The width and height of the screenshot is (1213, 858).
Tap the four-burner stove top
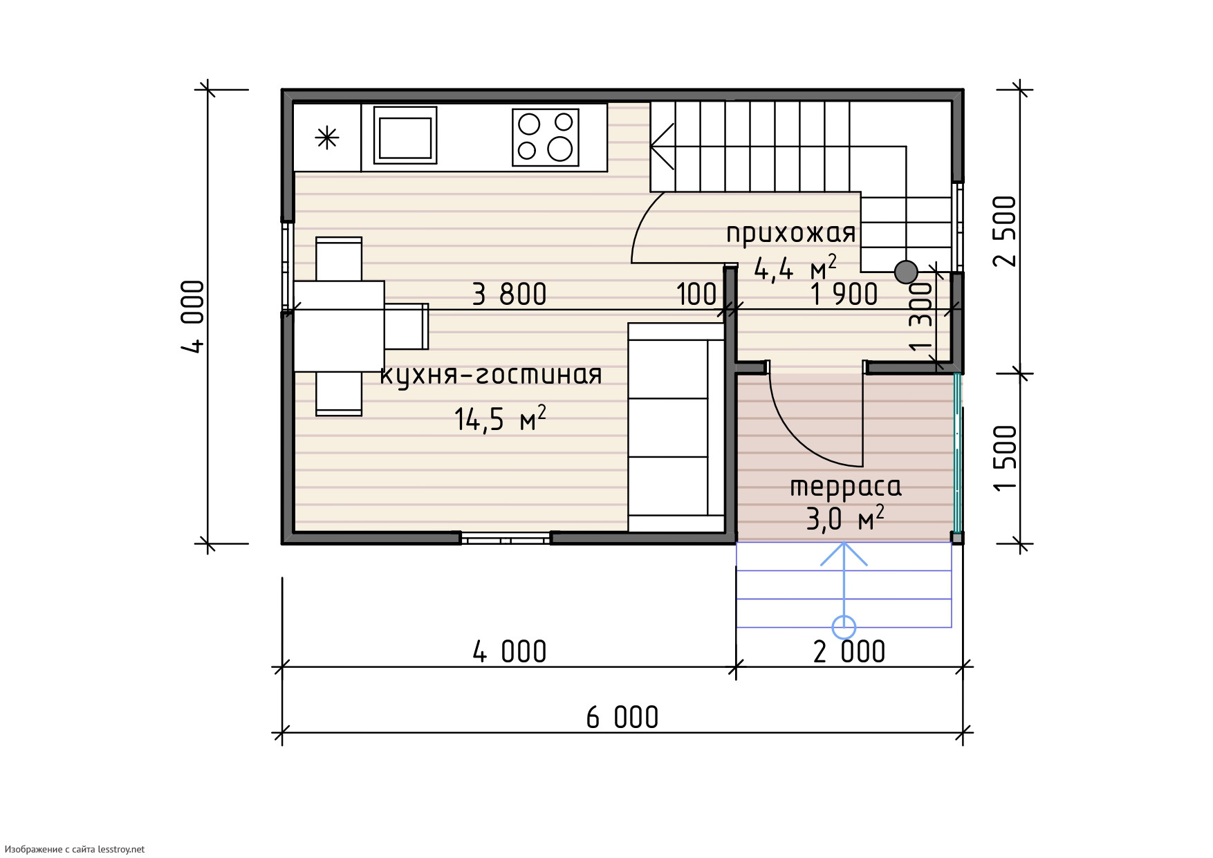(546, 138)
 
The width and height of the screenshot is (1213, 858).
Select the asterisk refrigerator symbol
(327, 138)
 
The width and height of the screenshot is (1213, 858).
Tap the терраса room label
(846, 487)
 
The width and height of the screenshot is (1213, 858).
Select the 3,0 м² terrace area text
(845, 518)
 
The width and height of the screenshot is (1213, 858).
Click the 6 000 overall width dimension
(622, 718)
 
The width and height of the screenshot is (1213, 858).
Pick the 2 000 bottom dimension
(849, 652)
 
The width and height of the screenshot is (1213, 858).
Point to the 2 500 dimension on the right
(1006, 231)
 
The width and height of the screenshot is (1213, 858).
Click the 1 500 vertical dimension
(1006, 458)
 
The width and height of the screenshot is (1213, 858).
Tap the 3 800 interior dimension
(510, 295)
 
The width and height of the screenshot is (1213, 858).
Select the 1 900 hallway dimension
(844, 295)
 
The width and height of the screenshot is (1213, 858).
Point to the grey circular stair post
(906, 272)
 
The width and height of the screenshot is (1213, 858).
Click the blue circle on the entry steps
(844, 628)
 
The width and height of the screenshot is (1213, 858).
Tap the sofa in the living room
(676, 427)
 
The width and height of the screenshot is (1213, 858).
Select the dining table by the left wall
(339, 326)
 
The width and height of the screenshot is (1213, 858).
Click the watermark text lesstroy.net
(121, 849)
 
